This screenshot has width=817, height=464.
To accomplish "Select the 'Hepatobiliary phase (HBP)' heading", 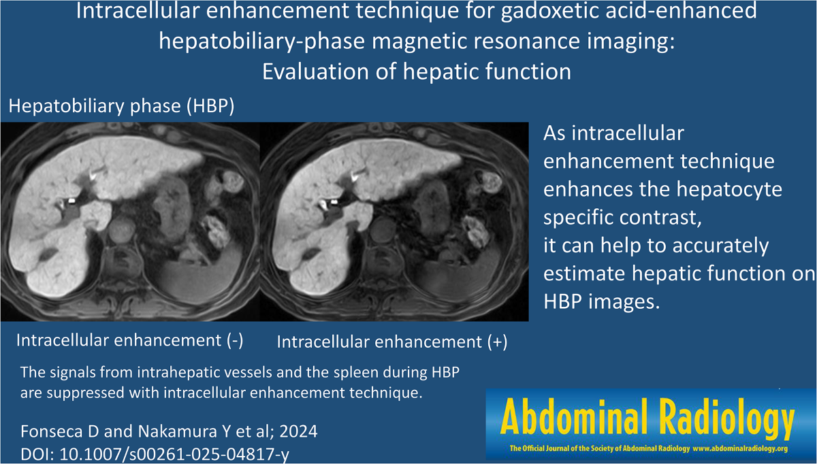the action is (121, 106).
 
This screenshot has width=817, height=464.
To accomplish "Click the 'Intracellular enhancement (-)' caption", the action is (129, 341).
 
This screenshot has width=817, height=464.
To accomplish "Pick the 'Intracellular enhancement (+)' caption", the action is (392, 342).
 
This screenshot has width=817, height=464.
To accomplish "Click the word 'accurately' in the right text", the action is (721, 246).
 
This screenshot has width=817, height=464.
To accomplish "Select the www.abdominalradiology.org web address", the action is (741, 448).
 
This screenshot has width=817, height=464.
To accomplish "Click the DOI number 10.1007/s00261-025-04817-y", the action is (174, 454).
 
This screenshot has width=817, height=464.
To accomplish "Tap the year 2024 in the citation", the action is (298, 431).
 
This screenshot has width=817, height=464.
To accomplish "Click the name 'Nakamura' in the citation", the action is (178, 431).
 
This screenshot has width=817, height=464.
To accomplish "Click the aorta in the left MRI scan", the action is (122, 229).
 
